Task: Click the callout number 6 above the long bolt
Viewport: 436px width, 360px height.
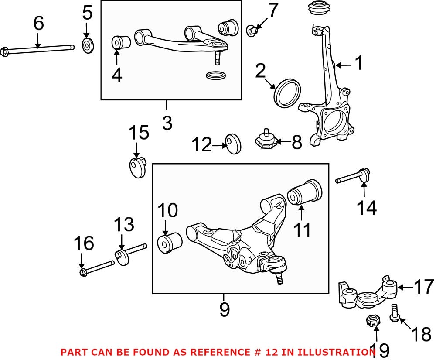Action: (x=38, y=24)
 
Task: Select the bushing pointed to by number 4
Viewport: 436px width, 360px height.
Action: (x=122, y=43)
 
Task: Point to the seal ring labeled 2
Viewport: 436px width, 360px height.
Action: (x=286, y=93)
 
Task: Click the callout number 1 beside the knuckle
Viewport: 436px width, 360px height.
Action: (x=358, y=64)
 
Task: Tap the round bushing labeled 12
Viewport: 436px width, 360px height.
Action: (x=233, y=144)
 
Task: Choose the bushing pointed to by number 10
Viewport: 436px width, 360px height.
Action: (x=169, y=242)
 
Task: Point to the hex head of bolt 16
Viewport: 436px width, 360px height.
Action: (x=84, y=273)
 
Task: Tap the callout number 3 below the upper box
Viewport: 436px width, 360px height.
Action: (x=167, y=123)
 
